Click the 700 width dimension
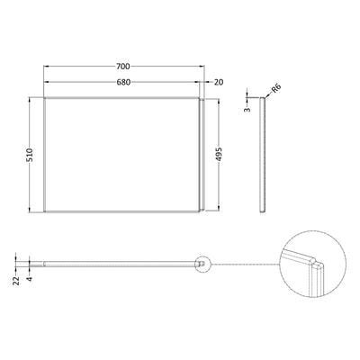[x=123, y=67]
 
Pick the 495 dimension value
[x=219, y=155]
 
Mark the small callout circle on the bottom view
[x=202, y=264]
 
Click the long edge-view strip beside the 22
[x=117, y=264]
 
